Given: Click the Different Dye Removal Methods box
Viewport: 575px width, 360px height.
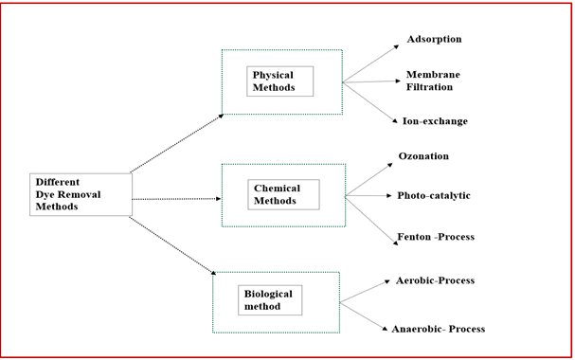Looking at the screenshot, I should click(x=81, y=193).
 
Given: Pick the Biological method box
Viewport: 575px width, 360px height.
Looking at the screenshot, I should click(x=270, y=300).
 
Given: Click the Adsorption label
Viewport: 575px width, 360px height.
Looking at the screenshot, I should click(x=434, y=40).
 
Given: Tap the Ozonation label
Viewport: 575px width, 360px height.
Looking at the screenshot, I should click(x=423, y=156).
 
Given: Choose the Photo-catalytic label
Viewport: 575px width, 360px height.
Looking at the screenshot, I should click(x=433, y=196).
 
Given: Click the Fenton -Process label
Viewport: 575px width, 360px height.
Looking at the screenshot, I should click(x=436, y=237).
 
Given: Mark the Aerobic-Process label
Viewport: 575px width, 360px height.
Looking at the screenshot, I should click(x=435, y=281).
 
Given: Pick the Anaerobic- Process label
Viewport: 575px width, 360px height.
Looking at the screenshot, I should click(x=438, y=329).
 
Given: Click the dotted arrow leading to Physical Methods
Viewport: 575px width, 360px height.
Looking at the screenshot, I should click(x=177, y=143).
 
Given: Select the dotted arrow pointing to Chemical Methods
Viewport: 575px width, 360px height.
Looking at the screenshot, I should click(x=176, y=199).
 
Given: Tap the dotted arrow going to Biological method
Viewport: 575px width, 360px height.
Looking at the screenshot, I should click(x=172, y=246).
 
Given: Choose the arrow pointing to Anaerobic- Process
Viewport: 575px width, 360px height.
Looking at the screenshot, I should click(x=365, y=316).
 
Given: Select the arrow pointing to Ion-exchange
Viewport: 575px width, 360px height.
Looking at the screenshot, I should click(x=369, y=101).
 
